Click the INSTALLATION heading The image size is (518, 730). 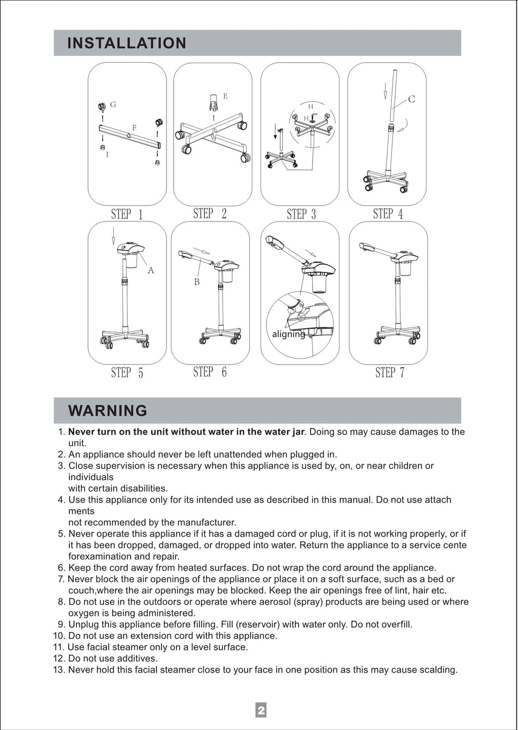click(126, 43)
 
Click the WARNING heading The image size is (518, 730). click(108, 410)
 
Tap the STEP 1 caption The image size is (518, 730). click(127, 214)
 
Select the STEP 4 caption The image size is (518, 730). click(388, 214)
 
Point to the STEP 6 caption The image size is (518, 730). click(210, 372)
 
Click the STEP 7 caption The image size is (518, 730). click(390, 372)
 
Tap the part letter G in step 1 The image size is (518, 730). click(113, 105)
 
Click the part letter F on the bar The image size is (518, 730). click(134, 128)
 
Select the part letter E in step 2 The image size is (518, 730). click(225, 96)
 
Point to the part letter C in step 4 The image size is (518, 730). click(412, 99)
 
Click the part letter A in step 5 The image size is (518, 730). click(151, 270)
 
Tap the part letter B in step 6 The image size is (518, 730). click(197, 282)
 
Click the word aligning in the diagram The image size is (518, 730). click(289, 334)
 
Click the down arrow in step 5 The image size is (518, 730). click(113, 236)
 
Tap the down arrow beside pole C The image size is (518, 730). click(385, 91)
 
